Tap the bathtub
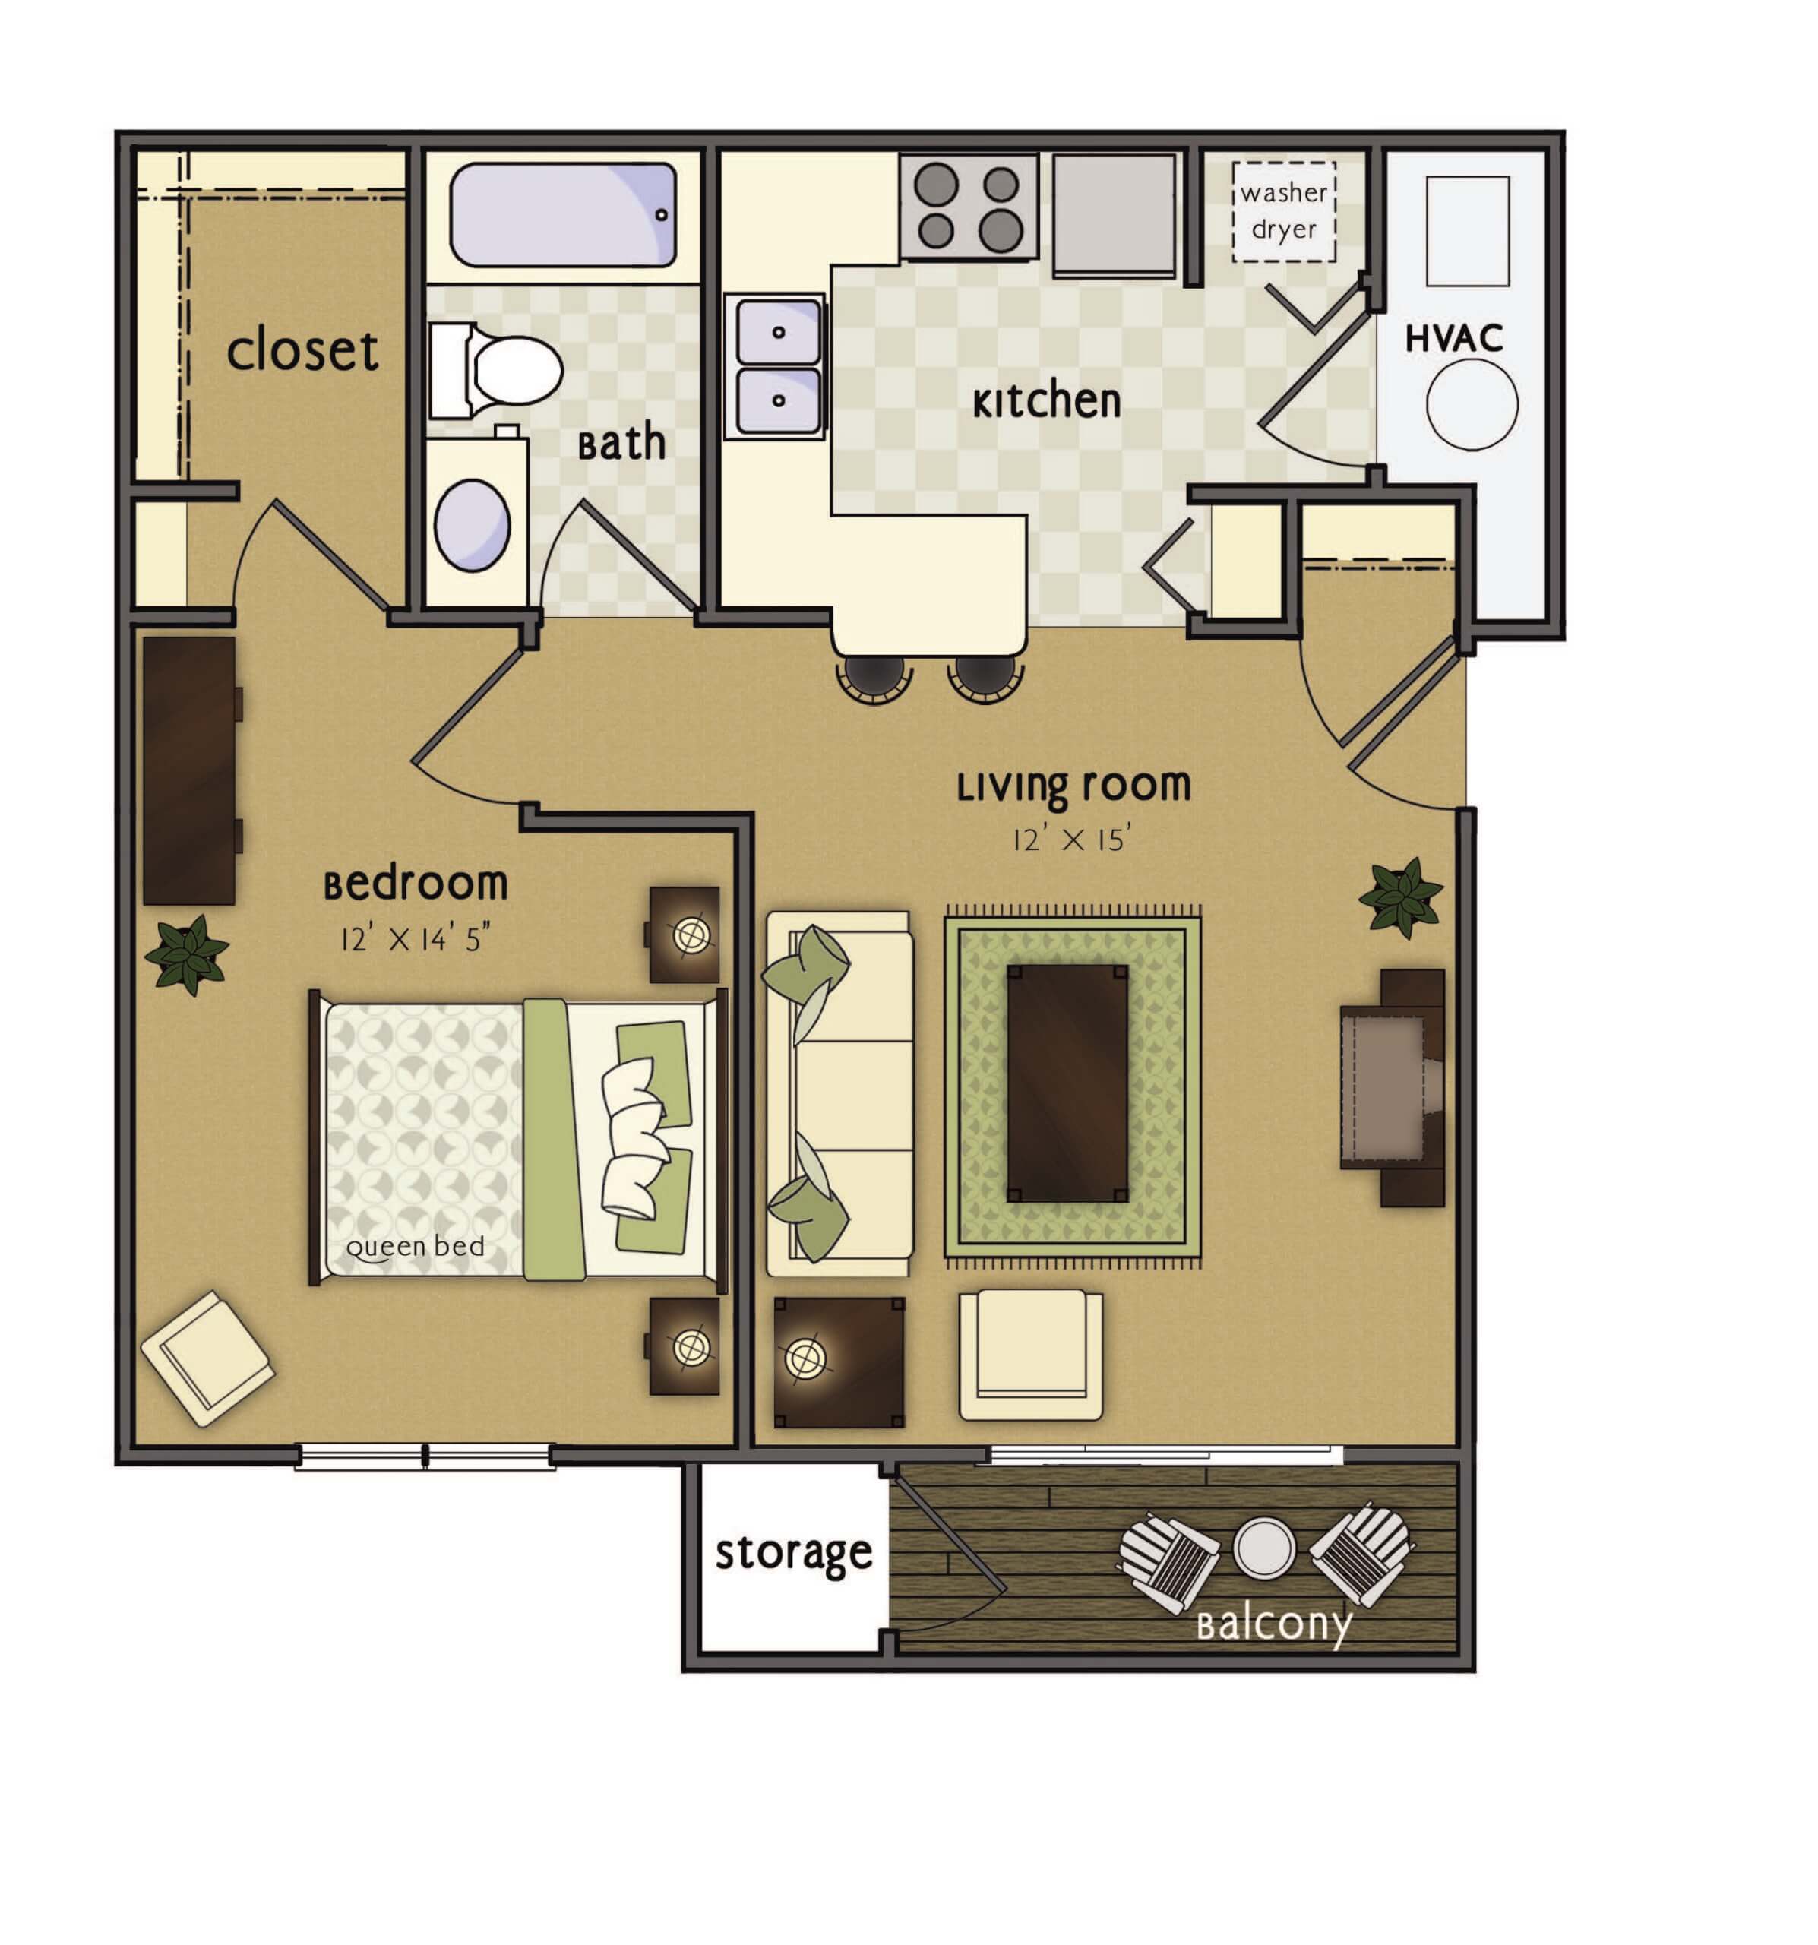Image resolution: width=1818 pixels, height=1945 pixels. pos(564,215)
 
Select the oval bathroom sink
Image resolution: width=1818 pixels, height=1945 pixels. pos(472,526)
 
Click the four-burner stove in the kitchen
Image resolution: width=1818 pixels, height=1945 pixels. pos(968,207)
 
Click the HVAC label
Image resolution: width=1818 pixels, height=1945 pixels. pos(1453,339)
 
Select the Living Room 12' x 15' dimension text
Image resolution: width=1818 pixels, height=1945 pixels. pos(1073,840)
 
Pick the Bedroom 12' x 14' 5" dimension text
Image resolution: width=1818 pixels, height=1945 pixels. pos(414,939)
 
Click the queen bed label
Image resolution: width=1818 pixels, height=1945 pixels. pos(415,1247)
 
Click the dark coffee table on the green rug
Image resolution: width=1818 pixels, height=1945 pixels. pos(1067,1082)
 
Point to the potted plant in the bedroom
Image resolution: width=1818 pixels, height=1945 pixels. pos(186,954)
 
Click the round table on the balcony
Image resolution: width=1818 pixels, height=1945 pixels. pos(1263,1548)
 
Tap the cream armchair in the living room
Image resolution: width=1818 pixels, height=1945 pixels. pos(1030,1355)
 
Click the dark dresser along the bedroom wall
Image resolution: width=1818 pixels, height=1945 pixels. pos(190,771)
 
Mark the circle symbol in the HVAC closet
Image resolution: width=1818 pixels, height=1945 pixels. pos(1471,404)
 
